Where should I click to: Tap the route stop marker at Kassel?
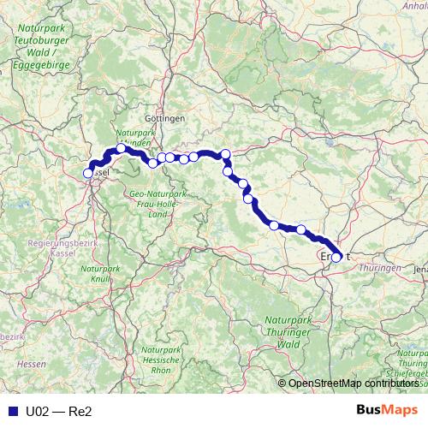tap(87, 174)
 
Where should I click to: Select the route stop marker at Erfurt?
tap(336, 256)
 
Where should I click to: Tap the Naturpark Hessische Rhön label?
tap(160, 363)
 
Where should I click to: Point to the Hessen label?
tap(31, 364)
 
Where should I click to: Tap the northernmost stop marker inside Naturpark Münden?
tap(121, 149)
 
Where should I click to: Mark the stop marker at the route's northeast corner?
tap(225, 154)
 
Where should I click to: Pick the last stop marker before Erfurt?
tap(301, 229)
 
